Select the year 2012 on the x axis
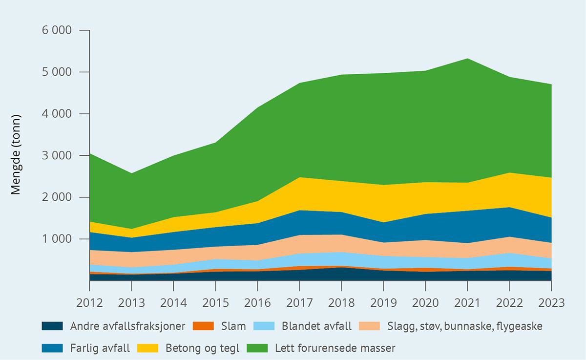coord(90,303)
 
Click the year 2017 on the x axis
coord(299,303)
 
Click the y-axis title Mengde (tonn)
coord(16,155)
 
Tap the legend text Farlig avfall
coord(100,348)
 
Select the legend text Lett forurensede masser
coord(335,348)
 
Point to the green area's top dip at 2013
coord(132,173)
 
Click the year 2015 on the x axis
coord(215,303)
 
